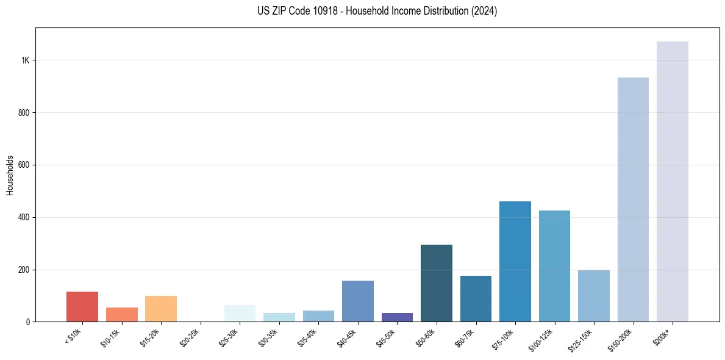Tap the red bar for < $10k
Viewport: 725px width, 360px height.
[82, 306]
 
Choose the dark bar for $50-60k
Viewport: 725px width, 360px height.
[436, 283]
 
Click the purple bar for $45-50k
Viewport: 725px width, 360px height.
[397, 317]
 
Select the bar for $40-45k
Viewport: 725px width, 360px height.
[357, 301]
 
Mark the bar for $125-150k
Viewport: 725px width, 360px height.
[593, 296]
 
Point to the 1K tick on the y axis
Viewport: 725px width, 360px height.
[26, 60]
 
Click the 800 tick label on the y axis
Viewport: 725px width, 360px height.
[24, 113]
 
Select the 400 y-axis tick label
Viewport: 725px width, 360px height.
[24, 217]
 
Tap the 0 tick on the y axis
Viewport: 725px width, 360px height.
[28, 322]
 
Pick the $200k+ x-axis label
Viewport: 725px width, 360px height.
[663, 336]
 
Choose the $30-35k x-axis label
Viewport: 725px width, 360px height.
[268, 338]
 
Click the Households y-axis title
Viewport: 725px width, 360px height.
[10, 175]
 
